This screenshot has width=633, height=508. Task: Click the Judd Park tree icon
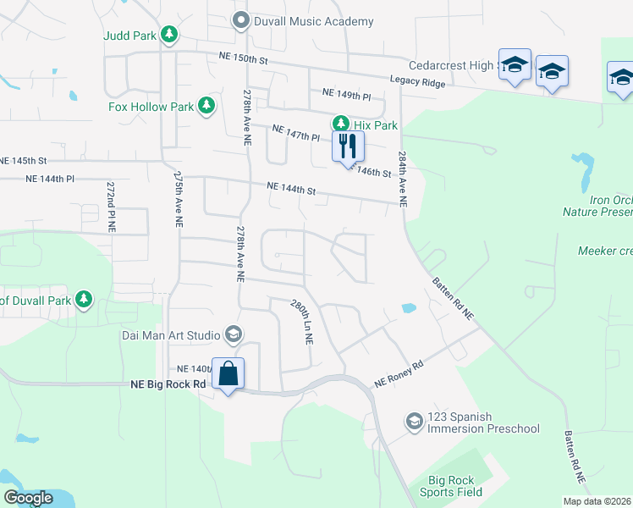[170, 34]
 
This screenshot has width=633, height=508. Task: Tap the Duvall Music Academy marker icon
[241, 20]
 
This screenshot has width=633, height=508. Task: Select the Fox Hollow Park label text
[151, 107]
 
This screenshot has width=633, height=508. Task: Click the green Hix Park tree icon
[341, 124]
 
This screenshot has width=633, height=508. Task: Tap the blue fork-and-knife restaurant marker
[348, 146]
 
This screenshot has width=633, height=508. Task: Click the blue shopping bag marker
[228, 373]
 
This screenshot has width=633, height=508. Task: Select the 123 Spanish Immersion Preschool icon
[414, 421]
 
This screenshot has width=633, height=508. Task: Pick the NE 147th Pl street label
[296, 132]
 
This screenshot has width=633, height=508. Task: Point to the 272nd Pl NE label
[110, 206]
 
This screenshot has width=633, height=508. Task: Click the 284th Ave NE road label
[402, 180]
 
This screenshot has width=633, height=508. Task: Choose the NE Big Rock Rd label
[169, 384]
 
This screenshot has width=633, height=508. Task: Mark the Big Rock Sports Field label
[454, 485]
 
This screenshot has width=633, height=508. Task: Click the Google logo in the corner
[27, 498]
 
